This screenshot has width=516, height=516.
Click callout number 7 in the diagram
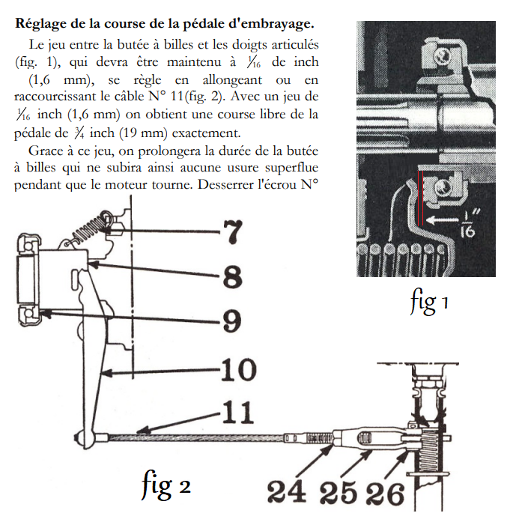tap(233, 233)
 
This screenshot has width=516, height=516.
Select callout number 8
tap(233, 278)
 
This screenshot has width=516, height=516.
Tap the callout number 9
tap(233, 322)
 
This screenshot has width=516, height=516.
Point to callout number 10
tap(239, 369)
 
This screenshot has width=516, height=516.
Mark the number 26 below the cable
tap(385, 492)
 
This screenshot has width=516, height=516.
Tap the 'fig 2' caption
tap(166, 486)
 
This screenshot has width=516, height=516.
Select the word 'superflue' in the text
tap(292, 169)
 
